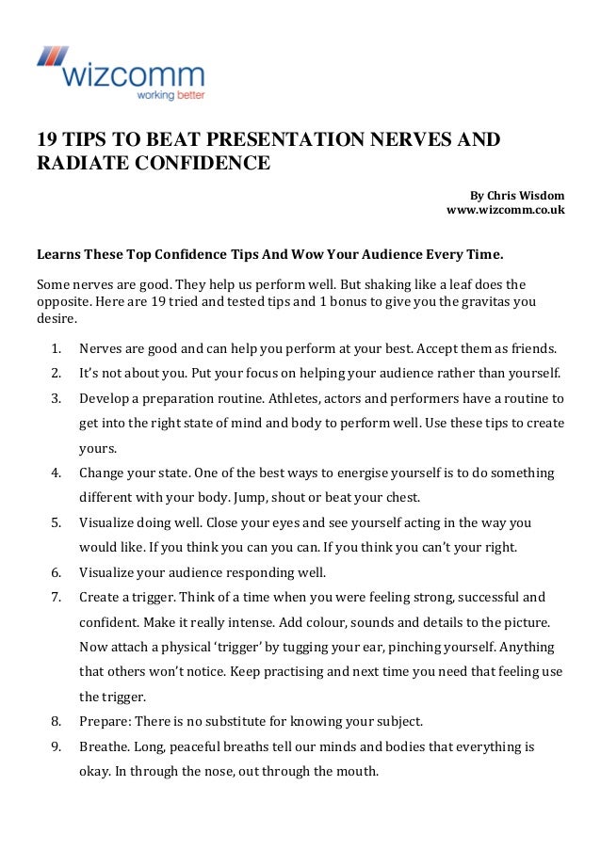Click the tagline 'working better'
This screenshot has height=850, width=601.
171,95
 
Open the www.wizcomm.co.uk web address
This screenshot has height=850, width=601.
505,210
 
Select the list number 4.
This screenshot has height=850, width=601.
57,473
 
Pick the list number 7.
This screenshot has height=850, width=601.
57,597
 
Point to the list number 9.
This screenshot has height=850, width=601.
57,747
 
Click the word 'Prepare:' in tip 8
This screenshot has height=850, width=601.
106,722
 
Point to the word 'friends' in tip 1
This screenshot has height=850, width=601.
534,347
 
